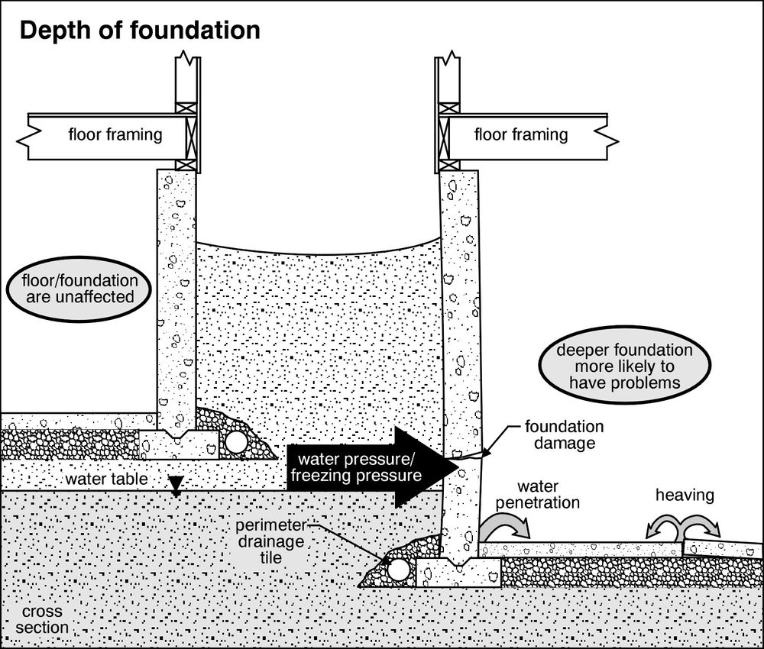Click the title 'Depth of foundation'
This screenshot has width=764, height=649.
point(139,31)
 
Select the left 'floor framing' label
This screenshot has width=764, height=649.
point(115,135)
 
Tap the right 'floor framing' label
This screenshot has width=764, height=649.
point(521,135)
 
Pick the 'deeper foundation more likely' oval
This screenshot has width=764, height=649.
point(624,366)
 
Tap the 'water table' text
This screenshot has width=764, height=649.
point(96,479)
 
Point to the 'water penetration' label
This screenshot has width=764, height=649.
point(548,494)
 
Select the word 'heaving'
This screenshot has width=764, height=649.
point(685,496)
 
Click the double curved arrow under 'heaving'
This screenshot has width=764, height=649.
point(683,527)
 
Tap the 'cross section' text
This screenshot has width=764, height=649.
point(44,620)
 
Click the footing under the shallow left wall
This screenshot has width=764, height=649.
point(179,445)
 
